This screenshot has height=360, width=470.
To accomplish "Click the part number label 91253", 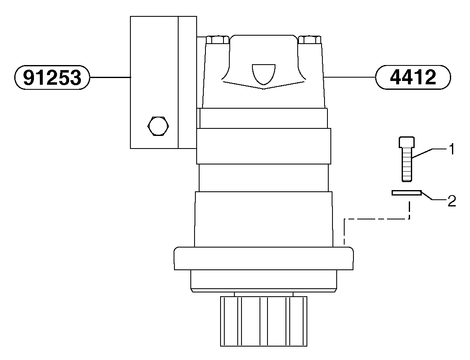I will point(52,77).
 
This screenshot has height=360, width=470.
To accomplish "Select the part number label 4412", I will point(413,77).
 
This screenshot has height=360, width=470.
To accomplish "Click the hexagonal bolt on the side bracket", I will point(158,125).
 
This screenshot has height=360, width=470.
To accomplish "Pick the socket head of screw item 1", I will point(406,143).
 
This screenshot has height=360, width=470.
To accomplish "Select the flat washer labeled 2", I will point(406,193).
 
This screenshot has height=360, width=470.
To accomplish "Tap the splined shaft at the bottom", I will point(263,321).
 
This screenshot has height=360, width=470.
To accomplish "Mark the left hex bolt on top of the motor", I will point(218,40).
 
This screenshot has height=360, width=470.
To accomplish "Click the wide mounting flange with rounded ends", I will point(263,258).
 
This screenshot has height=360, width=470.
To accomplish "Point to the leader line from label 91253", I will point(110,77).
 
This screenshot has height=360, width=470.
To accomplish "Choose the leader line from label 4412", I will point(350,77).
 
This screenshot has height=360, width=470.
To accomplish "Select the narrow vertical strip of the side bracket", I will point(187,82).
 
